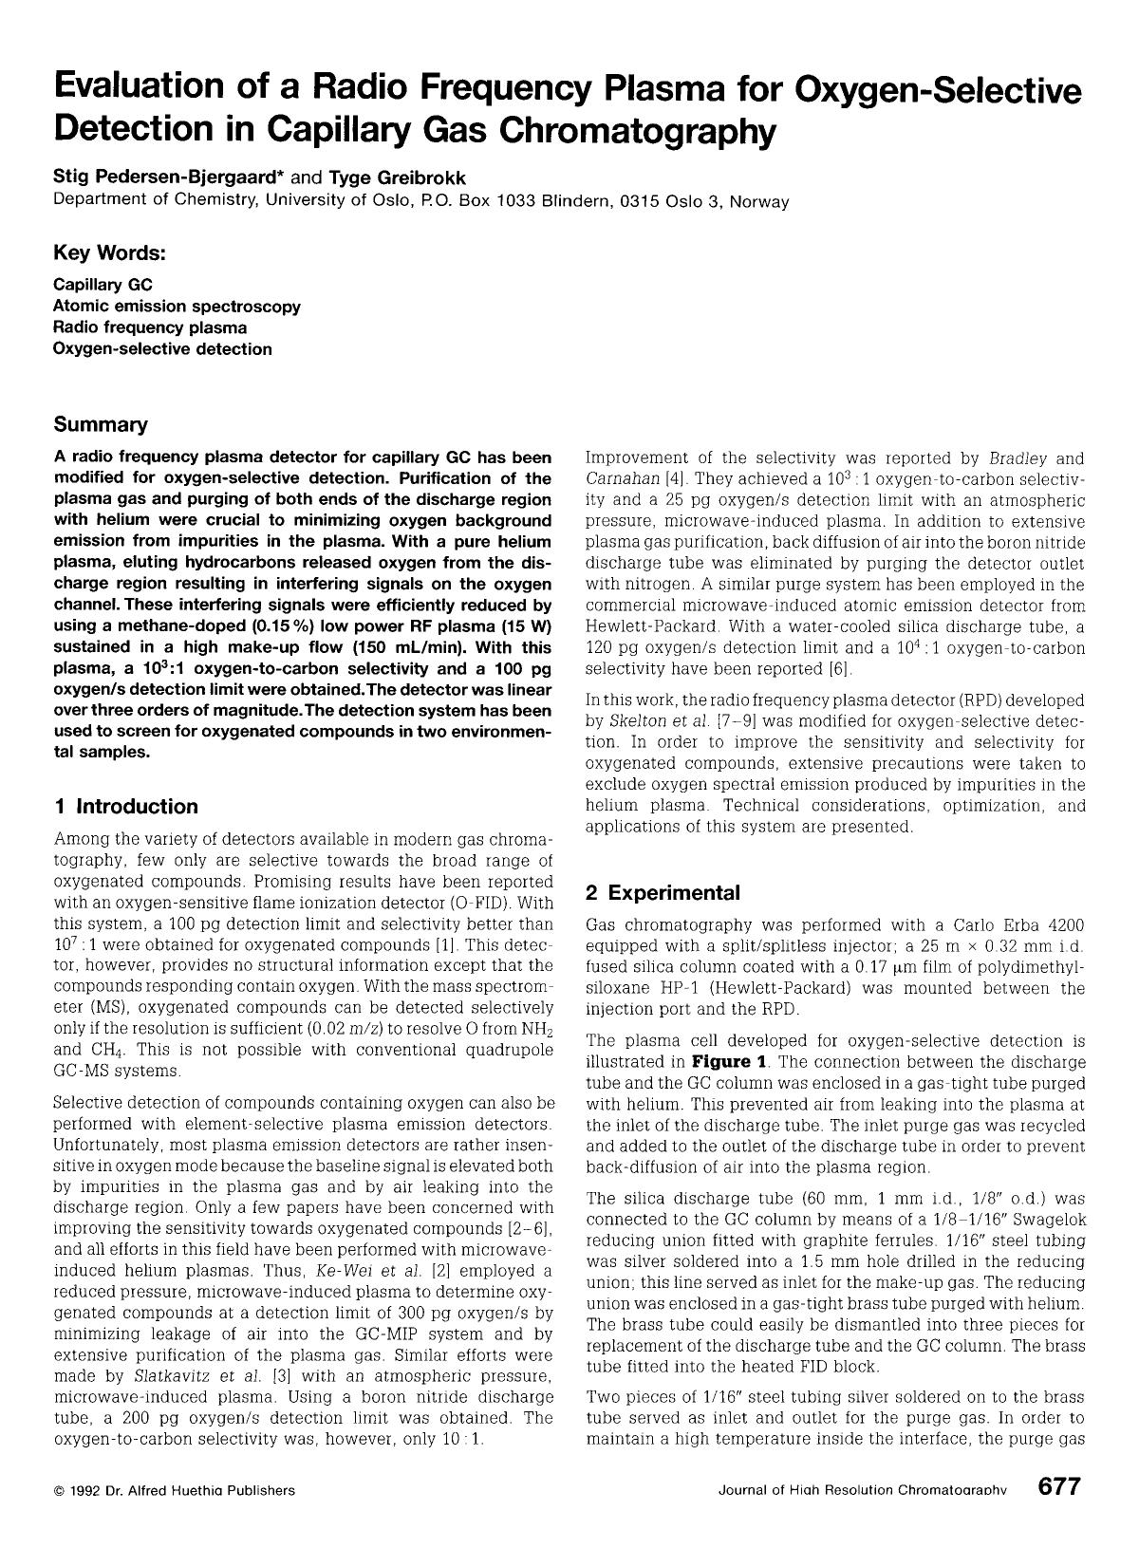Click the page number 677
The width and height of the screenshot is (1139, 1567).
(1058, 1487)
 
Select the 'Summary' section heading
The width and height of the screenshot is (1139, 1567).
(101, 423)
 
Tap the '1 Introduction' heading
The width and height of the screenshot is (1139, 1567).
(126, 806)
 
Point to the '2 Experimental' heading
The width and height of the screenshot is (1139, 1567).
(663, 892)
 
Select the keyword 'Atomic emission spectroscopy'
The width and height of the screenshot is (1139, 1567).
(177, 307)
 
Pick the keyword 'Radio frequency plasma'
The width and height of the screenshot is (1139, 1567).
(150, 327)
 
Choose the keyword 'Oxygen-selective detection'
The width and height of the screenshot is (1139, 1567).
(162, 348)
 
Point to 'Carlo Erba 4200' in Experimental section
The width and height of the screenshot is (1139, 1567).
(1019, 924)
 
